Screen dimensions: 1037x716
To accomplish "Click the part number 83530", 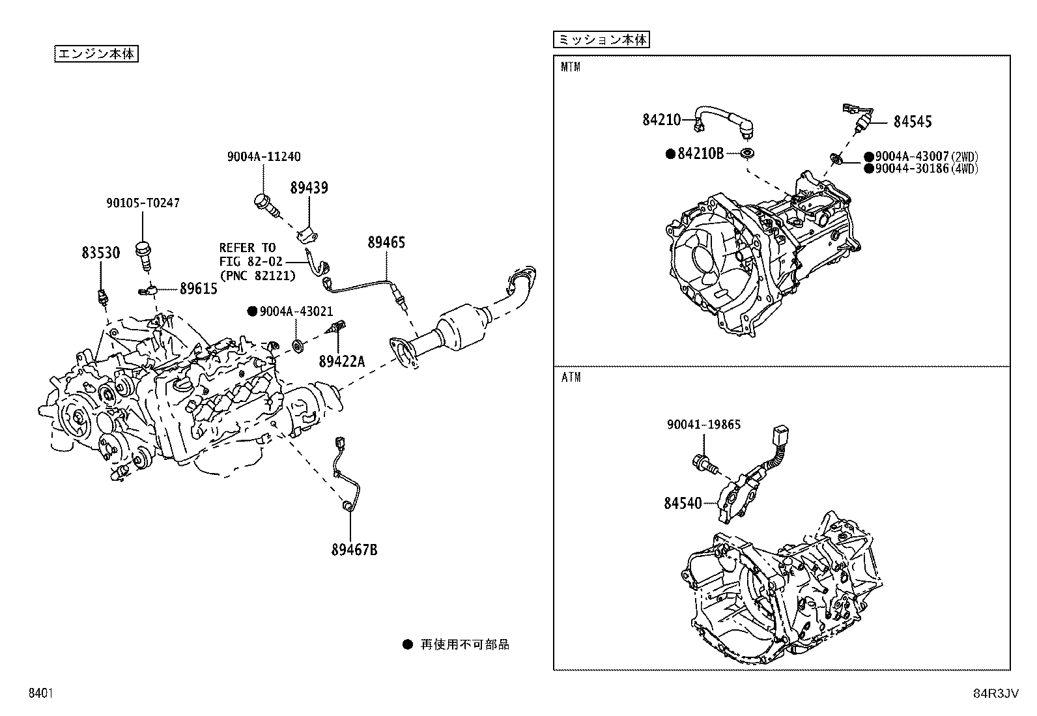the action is (x=100, y=253).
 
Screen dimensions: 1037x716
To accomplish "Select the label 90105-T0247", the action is (x=143, y=203).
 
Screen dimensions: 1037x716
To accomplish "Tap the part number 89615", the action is (x=199, y=289).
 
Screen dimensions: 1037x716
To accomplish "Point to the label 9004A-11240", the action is (x=264, y=156).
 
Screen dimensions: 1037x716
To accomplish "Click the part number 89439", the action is (x=309, y=188).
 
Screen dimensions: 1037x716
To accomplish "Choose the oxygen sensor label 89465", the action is (x=386, y=242).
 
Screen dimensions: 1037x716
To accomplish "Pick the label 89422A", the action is (x=342, y=361).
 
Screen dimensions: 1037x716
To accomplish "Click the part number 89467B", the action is (x=354, y=550).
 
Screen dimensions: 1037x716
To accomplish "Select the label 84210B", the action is (x=700, y=153).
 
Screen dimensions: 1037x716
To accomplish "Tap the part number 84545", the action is (x=913, y=122).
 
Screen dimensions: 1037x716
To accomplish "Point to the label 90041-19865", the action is (x=703, y=424).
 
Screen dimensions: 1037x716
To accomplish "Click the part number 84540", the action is (x=683, y=503).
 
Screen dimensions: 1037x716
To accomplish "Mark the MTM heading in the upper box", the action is (x=571, y=67).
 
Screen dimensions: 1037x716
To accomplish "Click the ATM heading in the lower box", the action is (x=571, y=377).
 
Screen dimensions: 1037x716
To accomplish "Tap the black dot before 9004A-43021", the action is (x=252, y=311).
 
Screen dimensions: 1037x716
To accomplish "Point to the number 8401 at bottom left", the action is (x=41, y=693).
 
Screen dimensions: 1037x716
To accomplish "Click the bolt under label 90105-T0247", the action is (x=143, y=256).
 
